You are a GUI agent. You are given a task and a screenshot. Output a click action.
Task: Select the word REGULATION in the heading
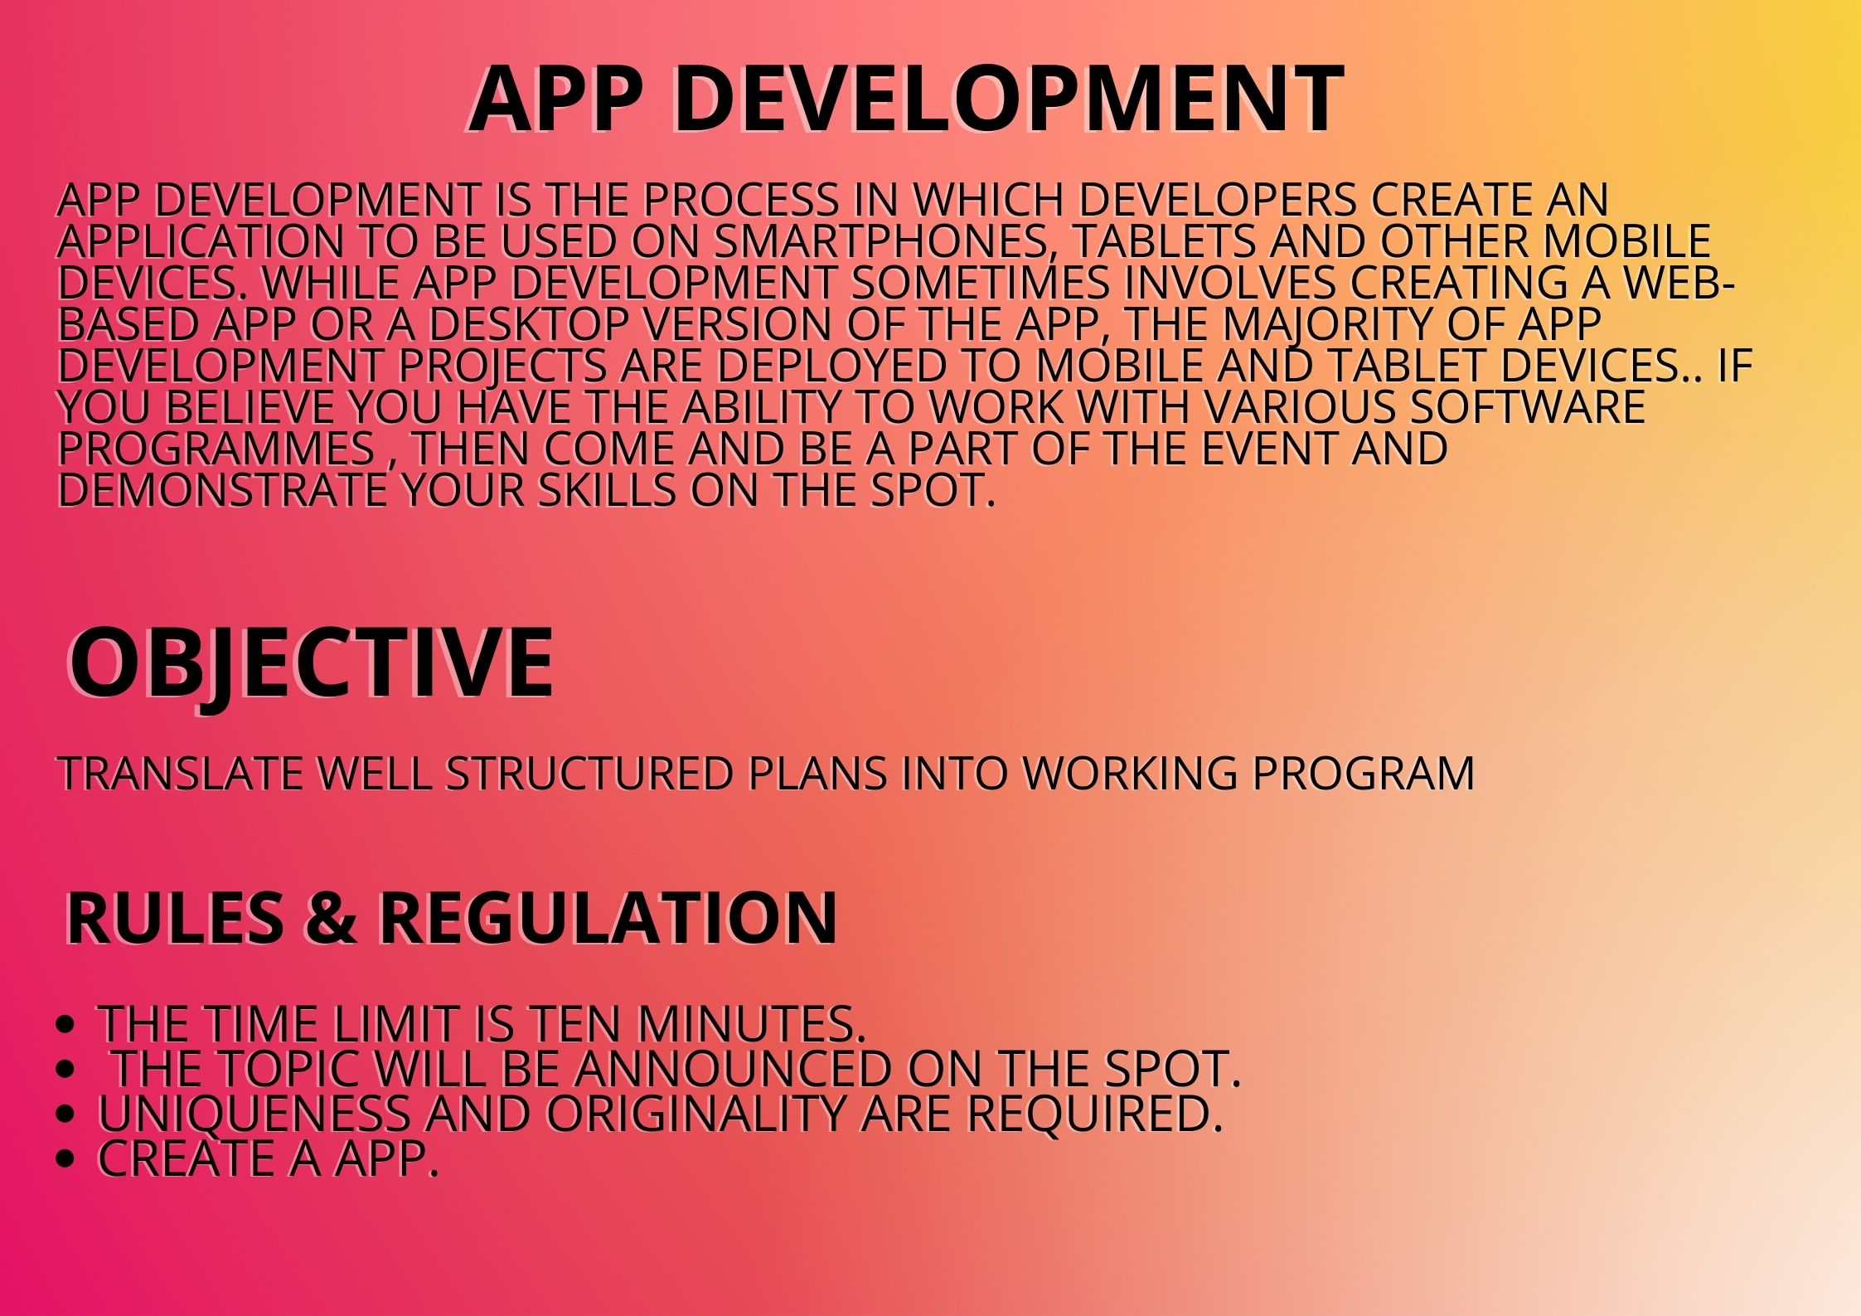click(x=608, y=918)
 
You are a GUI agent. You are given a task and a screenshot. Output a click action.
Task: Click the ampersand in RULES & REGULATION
click(x=330, y=918)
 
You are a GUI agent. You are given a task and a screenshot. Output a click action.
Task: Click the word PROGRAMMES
click(x=216, y=449)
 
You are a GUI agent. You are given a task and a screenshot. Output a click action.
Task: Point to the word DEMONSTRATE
click(x=222, y=490)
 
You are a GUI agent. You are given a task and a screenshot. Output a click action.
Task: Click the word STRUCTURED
click(x=590, y=774)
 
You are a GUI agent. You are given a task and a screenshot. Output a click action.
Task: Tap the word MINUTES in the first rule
click(x=751, y=1023)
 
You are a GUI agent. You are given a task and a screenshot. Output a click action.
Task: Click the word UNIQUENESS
click(x=254, y=1114)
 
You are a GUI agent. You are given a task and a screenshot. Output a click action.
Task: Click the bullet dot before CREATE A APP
click(x=65, y=1158)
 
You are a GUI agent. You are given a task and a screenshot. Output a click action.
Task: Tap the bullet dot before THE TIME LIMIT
click(x=65, y=1024)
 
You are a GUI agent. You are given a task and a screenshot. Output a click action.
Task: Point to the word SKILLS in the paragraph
click(x=607, y=490)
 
